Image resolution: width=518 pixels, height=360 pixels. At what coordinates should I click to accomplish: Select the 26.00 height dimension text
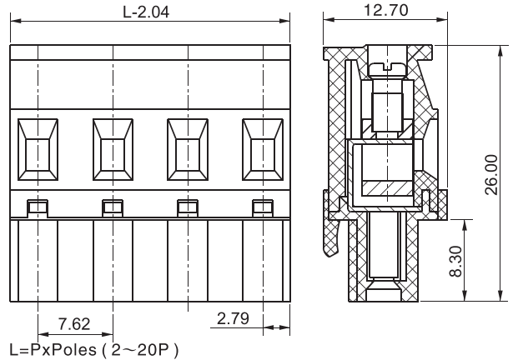[491, 172]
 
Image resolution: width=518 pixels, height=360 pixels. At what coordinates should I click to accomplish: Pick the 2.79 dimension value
[233, 317]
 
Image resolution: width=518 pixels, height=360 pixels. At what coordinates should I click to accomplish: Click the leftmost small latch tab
[38, 207]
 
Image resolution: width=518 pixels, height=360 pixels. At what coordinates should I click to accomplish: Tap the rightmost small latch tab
[262, 207]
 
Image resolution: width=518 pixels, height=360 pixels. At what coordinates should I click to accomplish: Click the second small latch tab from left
[112, 207]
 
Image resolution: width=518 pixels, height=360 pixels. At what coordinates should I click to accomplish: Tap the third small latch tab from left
[187, 207]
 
